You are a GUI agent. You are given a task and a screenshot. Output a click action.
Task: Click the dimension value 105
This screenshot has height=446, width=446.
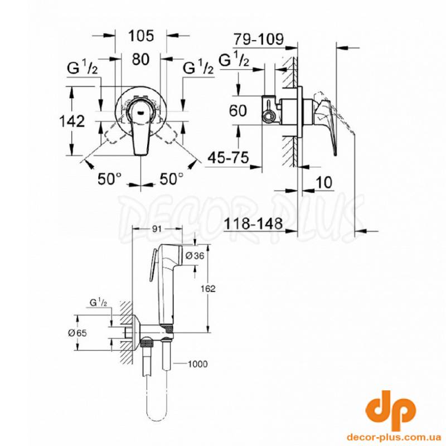coord(141,36)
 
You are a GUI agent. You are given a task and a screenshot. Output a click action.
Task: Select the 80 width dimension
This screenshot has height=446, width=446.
coord(141,59)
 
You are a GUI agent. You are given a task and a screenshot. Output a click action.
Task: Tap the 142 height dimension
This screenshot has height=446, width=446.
coord(72,121)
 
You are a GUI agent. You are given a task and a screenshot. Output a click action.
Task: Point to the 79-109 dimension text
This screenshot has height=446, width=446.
coord(259,39)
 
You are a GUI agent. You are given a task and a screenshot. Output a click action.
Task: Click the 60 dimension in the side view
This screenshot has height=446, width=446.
coord(238,110)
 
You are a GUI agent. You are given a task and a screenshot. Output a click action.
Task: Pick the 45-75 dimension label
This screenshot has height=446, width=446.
coord(228,157)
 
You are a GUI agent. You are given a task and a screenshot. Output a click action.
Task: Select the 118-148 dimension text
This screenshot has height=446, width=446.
coord(254,224)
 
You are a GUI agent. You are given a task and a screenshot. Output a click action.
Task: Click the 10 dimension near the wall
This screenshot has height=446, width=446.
coord(324,182)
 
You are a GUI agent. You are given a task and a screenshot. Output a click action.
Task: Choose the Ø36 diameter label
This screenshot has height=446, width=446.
coord(195,256)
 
